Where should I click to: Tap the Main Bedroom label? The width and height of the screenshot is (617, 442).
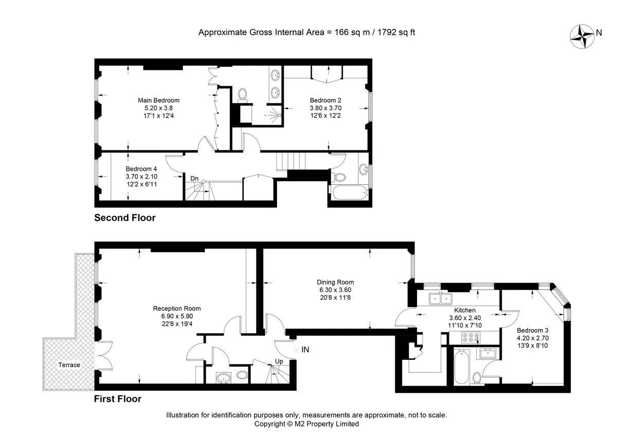click(158, 101)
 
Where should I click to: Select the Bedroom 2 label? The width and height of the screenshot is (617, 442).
click(325, 101)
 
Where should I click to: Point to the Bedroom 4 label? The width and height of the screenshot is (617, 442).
click(141, 169)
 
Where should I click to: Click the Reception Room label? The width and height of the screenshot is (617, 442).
click(177, 309)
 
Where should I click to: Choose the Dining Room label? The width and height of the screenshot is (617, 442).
click(335, 282)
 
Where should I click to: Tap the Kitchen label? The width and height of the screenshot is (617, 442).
click(465, 310)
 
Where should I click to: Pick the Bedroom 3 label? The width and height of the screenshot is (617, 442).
click(533, 330)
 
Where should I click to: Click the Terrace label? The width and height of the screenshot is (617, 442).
click(69, 365)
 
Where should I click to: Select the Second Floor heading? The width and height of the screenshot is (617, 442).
click(125, 218)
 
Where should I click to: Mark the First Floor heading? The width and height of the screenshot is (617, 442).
click(118, 399)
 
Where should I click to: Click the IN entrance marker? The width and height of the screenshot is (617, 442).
click(305, 350)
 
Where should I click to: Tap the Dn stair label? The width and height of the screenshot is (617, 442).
click(194, 179)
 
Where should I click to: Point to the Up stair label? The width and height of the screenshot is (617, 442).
click(279, 361)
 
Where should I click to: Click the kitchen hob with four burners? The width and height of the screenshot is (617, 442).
click(471, 337)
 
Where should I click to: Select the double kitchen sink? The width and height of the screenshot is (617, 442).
click(441, 298)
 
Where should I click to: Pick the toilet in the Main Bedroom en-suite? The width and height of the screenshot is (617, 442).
click(242, 94)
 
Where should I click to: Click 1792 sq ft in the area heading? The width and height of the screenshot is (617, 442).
click(396, 32)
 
